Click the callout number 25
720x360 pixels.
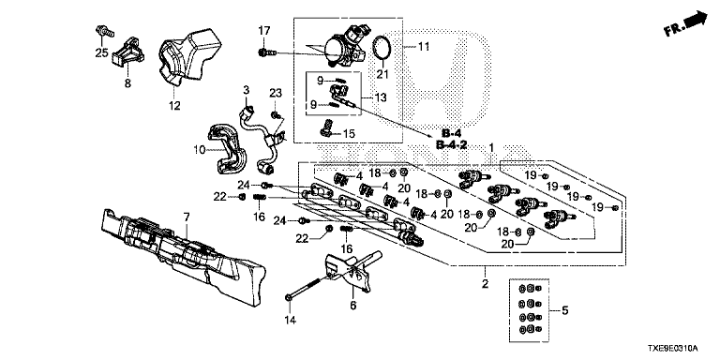click(101, 53)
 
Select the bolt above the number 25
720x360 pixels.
click(104, 31)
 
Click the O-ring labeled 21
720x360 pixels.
click(382, 47)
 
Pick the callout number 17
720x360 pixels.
click(264, 31)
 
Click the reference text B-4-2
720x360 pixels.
click(451, 145)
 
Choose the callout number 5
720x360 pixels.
click(564, 311)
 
